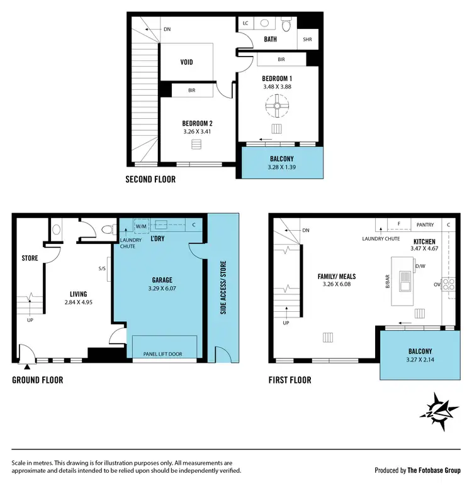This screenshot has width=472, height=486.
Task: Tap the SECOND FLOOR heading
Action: (x=150, y=179)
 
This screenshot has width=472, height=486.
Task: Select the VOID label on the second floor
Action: (x=186, y=62)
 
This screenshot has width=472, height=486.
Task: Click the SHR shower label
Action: (x=307, y=39)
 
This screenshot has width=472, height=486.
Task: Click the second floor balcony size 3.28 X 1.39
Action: (x=282, y=168)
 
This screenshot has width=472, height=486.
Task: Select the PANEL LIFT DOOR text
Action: (x=163, y=354)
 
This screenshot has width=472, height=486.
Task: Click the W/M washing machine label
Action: (x=141, y=226)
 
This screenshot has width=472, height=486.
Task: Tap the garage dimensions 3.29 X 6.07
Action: (x=162, y=290)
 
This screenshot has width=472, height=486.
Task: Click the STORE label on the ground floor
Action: (x=30, y=258)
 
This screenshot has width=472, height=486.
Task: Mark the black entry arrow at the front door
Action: (x=27, y=367)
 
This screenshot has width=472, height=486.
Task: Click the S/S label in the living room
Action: (x=102, y=269)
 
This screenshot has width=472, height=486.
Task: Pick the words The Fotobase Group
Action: (x=434, y=470)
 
